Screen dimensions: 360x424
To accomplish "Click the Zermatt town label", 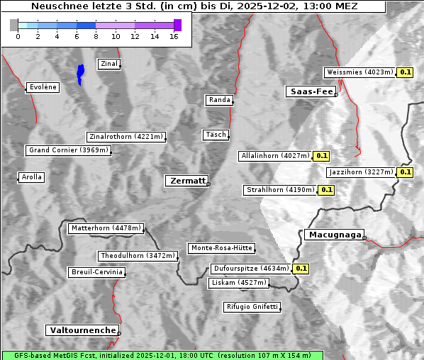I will (x=186, y=181).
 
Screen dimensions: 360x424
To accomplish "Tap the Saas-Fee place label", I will (x=311, y=91).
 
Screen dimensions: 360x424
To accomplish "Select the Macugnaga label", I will (x=333, y=235).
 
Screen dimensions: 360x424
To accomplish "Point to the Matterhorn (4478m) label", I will (x=106, y=228).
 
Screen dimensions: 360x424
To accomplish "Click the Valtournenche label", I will (x=82, y=330).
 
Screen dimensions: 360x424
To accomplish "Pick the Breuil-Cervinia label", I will (x=96, y=272).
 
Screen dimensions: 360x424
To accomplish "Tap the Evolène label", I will (x=42, y=87).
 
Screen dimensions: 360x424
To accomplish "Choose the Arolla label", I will (x=31, y=177).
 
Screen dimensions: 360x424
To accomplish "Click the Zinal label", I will (x=109, y=64).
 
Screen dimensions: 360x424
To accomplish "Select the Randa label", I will (x=219, y=100).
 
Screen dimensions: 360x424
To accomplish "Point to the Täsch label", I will (x=215, y=135).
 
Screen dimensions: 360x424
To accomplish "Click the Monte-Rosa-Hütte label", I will (x=221, y=248).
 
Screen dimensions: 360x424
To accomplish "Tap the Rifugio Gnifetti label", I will (x=252, y=307).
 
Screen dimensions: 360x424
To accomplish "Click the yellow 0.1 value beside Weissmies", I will (x=406, y=72).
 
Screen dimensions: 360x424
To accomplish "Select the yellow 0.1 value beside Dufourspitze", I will (x=301, y=269).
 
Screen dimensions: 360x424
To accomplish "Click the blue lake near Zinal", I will (x=80, y=73).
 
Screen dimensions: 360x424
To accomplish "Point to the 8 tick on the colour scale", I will (x=96, y=37).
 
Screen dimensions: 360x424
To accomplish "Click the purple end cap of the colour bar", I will (x=177, y=25).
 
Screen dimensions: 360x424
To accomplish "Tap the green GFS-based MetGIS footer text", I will (x=162, y=355).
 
